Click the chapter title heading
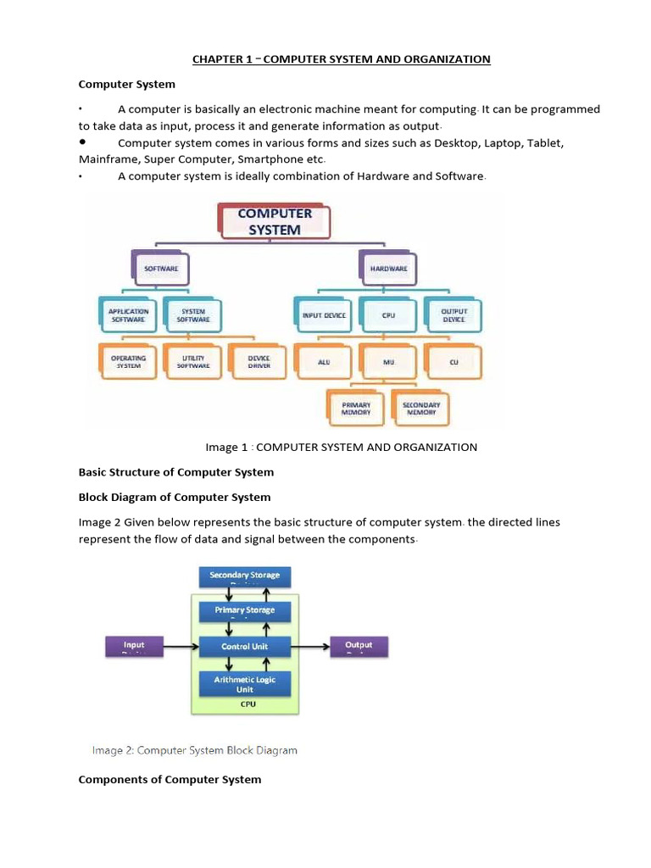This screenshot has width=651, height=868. click(x=342, y=59)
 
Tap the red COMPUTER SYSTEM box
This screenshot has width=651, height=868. click(x=275, y=222)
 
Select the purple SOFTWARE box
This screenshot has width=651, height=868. click(x=161, y=268)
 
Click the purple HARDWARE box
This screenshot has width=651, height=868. click(x=388, y=268)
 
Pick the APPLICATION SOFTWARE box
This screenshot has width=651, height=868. click(x=129, y=315)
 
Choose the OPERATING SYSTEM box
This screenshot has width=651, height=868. click(x=129, y=362)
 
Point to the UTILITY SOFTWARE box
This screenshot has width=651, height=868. click(x=193, y=362)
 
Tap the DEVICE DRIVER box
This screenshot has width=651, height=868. click(x=259, y=362)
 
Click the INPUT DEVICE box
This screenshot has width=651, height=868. click(x=324, y=315)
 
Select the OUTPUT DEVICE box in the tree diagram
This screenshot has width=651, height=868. click(x=453, y=315)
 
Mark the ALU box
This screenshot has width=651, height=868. click(x=324, y=362)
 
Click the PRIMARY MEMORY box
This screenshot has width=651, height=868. click(x=356, y=409)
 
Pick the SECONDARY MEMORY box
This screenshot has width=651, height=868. click(x=421, y=409)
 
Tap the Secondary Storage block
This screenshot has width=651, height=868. click(x=245, y=577)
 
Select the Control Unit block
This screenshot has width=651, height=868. click(x=245, y=647)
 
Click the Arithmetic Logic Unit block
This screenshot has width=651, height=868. click(x=245, y=684)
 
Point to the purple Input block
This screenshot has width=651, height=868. click(x=134, y=647)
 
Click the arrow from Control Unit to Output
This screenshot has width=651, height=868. click(x=310, y=647)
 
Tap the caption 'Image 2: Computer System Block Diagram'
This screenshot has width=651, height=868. click(x=194, y=750)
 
